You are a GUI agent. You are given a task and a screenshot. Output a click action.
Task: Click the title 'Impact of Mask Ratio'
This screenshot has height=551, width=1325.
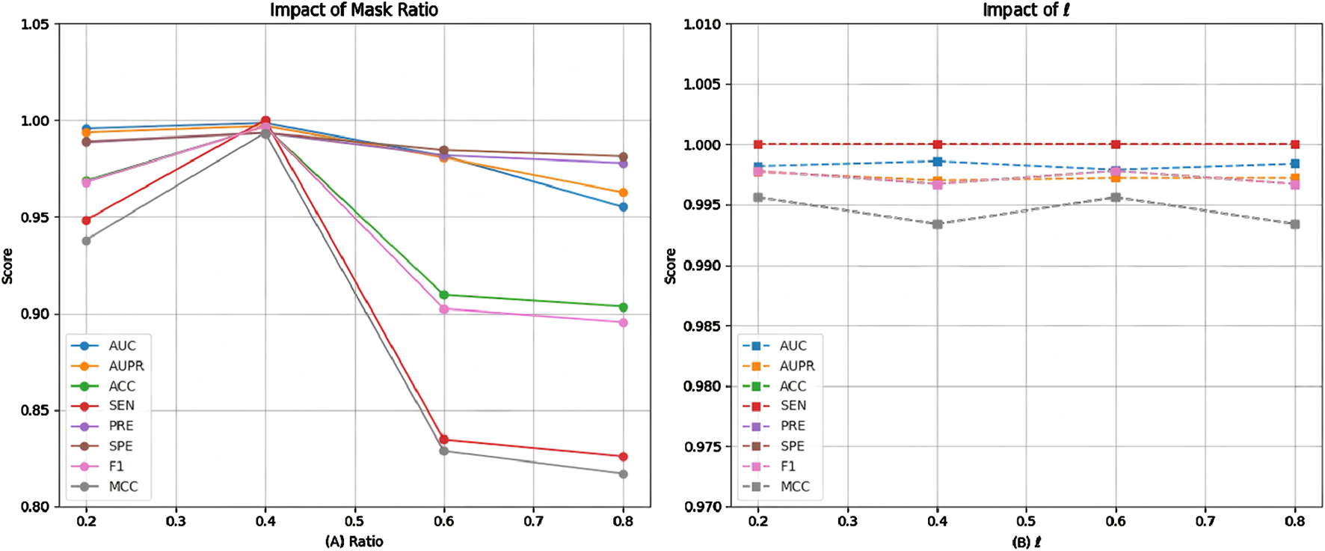coord(354,10)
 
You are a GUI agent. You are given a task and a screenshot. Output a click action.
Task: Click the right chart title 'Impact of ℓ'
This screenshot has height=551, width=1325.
coord(1025,10)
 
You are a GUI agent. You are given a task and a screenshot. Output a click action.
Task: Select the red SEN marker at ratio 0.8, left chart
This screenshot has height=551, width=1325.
coord(623,457)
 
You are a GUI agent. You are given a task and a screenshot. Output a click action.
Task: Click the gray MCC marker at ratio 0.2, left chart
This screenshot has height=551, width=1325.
coord(86,240)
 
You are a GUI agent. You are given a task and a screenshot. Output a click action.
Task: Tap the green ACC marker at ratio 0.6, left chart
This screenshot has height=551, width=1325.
coord(444,295)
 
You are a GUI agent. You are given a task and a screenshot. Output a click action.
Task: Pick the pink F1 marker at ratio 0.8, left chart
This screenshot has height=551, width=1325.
coord(623,323)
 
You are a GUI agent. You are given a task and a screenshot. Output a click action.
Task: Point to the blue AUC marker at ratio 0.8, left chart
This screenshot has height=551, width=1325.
coord(623,207)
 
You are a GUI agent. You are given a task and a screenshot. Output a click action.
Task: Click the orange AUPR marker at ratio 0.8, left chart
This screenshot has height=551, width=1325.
coord(623,193)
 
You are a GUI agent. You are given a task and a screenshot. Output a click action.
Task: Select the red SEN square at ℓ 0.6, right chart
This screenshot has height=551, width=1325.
coord(1116,144)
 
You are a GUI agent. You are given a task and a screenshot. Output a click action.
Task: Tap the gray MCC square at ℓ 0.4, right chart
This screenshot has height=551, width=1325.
coord(937,225)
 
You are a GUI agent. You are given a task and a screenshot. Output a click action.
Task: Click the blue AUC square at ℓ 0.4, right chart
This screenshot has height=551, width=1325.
coord(937,162)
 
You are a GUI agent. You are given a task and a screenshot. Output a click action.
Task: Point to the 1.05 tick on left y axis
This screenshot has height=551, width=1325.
coord(35,25)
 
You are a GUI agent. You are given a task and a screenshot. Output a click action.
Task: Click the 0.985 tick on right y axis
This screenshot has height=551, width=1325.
coord(704,326)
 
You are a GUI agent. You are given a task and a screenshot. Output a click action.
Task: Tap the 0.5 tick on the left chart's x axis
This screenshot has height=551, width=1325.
coord(354,521)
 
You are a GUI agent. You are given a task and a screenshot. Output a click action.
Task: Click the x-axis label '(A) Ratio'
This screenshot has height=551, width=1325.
coord(354,541)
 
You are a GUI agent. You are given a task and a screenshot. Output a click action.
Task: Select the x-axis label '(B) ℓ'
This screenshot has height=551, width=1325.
coord(1026,541)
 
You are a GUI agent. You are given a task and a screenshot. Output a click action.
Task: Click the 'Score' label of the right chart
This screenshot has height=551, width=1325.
coord(671,266)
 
